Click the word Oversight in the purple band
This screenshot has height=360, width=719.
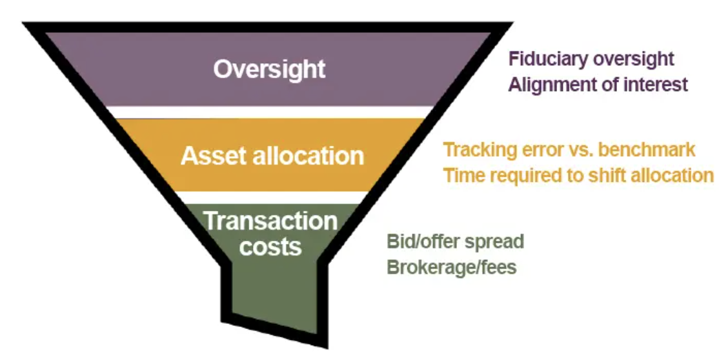269,69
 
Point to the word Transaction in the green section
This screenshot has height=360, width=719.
270,221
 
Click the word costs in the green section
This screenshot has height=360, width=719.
270,246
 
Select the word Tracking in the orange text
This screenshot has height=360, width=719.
481,150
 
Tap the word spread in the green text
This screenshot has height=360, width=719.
496,242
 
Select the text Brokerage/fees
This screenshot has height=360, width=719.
452,267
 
